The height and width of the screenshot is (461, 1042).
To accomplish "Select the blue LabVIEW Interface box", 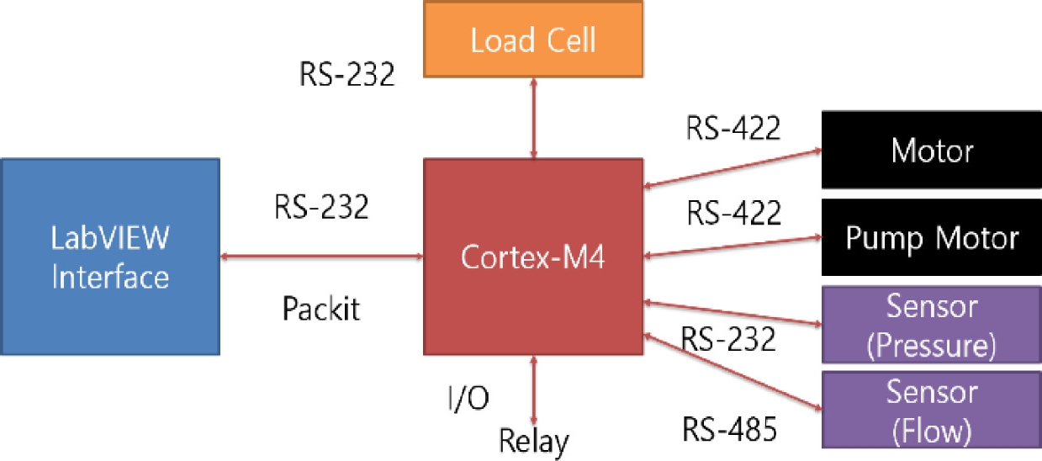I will [110, 256].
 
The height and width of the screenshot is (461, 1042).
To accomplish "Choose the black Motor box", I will [931, 151].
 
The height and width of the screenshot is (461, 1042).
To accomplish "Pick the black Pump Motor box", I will [931, 238].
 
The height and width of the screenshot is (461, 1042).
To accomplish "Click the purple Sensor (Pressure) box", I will [931, 324].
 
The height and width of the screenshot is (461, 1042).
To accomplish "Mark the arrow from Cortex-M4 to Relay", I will [533, 389].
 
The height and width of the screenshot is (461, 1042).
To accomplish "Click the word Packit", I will [320, 309].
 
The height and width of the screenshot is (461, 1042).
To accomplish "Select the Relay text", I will [533, 440].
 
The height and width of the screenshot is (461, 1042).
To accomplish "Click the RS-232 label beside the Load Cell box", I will [346, 74].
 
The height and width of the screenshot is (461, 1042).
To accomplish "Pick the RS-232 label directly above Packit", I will [320, 206].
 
